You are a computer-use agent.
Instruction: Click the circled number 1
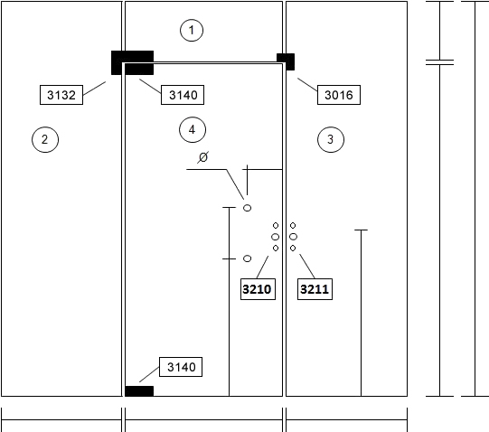coord(192,30)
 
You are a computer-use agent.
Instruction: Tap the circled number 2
coord(45,139)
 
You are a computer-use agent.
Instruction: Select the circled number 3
coord(331,139)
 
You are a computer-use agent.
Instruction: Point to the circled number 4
coord(193,129)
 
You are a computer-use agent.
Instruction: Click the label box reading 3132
coord(61,95)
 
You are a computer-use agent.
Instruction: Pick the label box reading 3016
coord(339,95)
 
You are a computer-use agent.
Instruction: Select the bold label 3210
coord(258,289)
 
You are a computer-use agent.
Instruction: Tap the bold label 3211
coord(315,289)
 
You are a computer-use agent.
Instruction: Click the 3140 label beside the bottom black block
coord(181,367)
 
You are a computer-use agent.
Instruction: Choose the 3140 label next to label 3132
coord(183,95)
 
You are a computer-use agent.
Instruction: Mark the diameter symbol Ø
coord(203,157)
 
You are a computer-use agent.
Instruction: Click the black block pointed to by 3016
coord(286,61)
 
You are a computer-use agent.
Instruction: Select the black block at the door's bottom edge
coord(139,391)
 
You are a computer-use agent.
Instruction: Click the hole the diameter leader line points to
coord(247,208)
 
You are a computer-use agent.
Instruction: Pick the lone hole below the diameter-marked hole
coord(247,258)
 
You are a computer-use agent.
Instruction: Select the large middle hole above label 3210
coord(275,237)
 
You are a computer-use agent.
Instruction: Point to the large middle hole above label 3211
coord(293,237)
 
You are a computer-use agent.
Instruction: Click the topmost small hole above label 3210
coord(276,225)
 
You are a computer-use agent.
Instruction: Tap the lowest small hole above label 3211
coord(293,248)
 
